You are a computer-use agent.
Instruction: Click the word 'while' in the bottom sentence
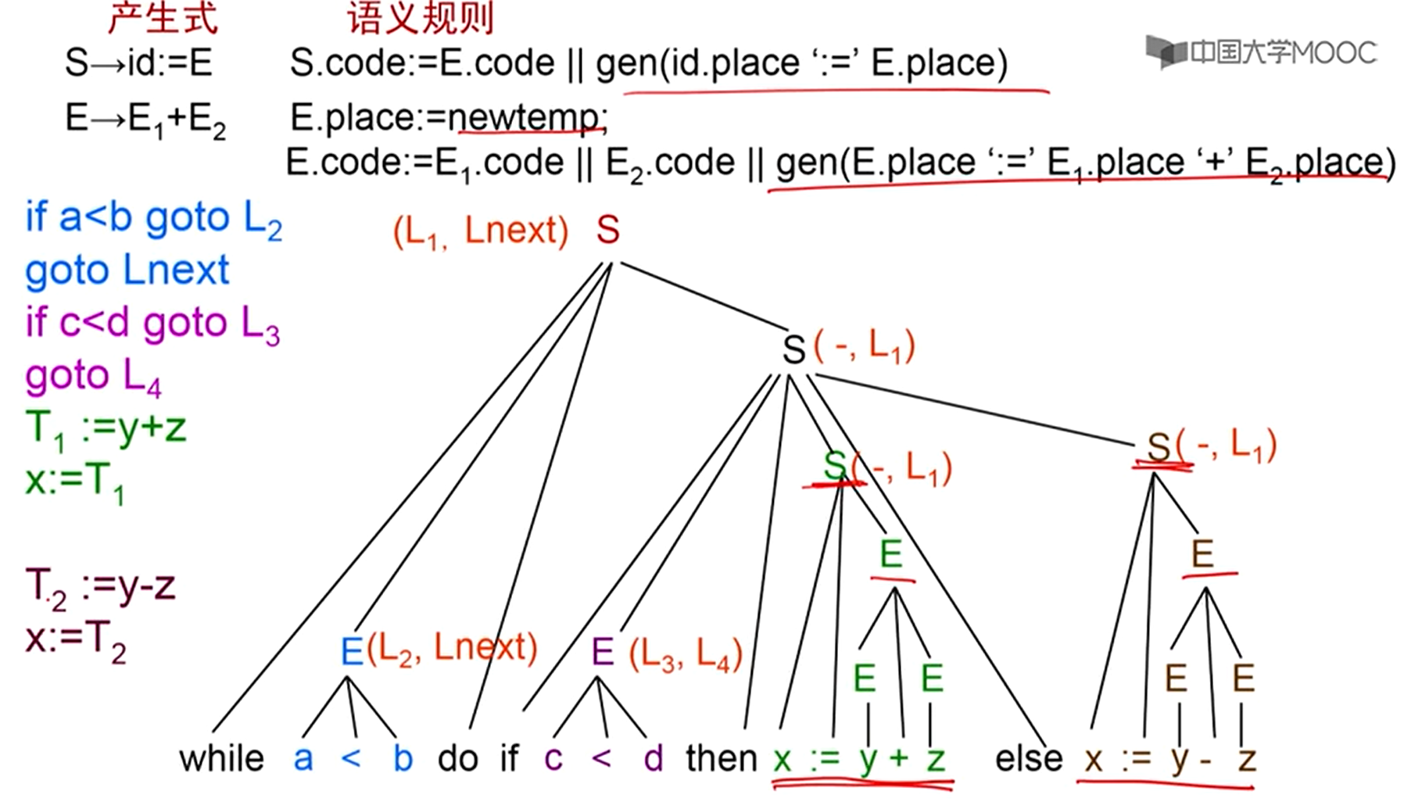coord(221,758)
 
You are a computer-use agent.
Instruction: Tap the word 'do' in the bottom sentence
coord(458,758)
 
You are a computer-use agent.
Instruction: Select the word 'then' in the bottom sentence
coord(721,758)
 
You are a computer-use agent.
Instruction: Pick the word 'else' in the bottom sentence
coord(1029,758)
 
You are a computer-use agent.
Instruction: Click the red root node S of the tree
coord(607,231)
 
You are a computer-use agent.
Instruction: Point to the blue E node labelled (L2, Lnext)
coord(353,650)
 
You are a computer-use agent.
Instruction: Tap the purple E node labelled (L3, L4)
coord(603,650)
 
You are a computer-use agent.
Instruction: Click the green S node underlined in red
coord(835,467)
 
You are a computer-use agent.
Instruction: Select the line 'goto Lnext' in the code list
coord(127,270)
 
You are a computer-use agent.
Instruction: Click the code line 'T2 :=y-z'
coord(100,586)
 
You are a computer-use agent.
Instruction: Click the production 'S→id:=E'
coord(138,63)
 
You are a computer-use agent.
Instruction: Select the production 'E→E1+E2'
coord(145,119)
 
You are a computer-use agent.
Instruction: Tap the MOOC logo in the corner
coord(1260,52)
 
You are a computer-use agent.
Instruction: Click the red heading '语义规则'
coord(421,18)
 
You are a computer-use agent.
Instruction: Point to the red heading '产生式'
coord(162,18)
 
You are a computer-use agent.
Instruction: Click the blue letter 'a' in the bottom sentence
coord(303,758)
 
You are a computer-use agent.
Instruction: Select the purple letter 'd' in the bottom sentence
coord(653,758)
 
